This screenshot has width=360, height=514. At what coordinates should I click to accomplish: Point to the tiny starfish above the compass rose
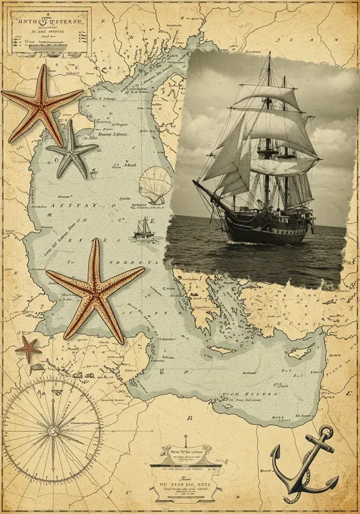click(x=28, y=348)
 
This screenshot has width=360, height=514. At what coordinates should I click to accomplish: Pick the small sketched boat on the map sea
click(x=143, y=229)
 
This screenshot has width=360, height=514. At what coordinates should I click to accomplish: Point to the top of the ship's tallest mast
click(x=269, y=55)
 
